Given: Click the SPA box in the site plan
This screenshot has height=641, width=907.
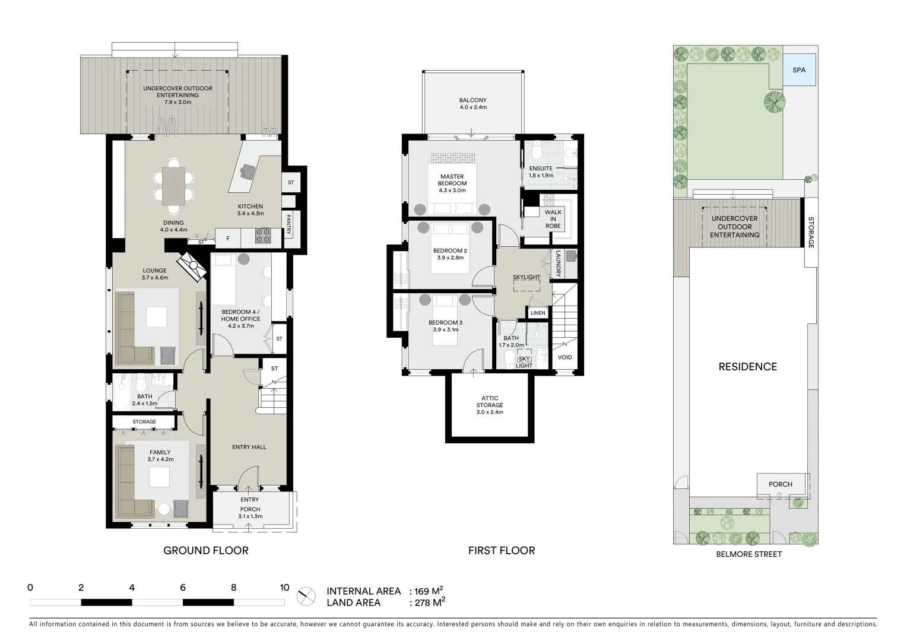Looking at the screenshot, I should pyautogui.click(x=799, y=70).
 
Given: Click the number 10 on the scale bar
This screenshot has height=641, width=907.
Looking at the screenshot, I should pyautogui.click(x=284, y=588).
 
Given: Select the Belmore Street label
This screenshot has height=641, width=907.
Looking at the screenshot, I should pyautogui.click(x=749, y=554).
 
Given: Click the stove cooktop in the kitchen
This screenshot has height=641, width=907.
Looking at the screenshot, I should pyautogui.click(x=262, y=236).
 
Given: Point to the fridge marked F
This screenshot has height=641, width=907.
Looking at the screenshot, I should pyautogui.click(x=228, y=239).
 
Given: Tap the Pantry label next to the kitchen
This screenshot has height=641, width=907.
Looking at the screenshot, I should pyautogui.click(x=288, y=225).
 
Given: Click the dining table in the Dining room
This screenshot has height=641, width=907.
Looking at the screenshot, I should pyautogui.click(x=174, y=186).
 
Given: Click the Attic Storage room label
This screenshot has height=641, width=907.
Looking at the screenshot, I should pyautogui.click(x=490, y=405).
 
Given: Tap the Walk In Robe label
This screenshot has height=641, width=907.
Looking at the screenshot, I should pyautogui.click(x=553, y=218).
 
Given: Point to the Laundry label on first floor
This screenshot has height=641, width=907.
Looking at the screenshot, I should pyautogui.click(x=558, y=264).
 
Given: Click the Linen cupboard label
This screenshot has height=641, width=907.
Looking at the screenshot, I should pyautogui.click(x=538, y=313).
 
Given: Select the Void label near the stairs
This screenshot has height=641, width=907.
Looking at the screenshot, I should pyautogui.click(x=565, y=357).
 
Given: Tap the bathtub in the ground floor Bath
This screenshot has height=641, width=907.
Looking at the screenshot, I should pyautogui.click(x=124, y=393).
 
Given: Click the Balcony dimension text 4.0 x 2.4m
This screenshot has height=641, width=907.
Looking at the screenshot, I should pyautogui.click(x=472, y=107).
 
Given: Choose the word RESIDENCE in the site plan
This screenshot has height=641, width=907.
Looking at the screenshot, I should pyautogui.click(x=747, y=367).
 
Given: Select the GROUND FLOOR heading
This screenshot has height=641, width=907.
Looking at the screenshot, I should pyautogui.click(x=205, y=551).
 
